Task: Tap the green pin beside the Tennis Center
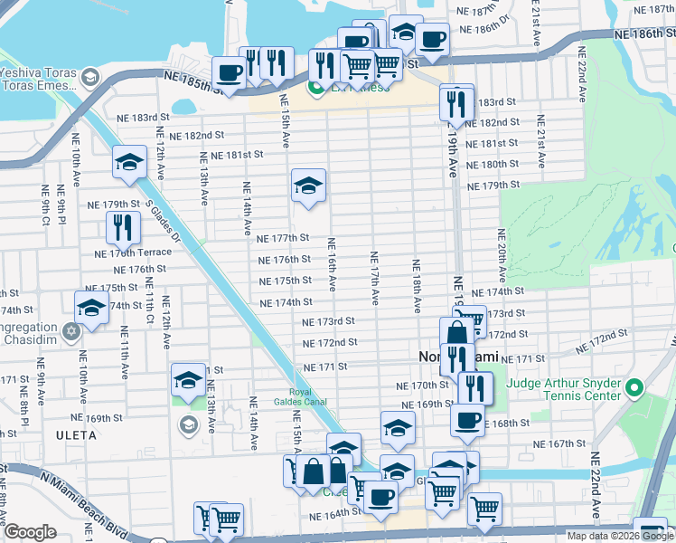[634, 390]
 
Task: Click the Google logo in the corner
[30, 532]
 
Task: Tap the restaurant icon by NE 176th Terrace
[121, 227]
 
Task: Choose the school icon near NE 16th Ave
[308, 186]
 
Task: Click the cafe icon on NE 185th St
[229, 72]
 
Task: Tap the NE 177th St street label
[283, 239]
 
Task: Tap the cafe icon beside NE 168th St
[468, 419]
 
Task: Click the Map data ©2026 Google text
[620, 536]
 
